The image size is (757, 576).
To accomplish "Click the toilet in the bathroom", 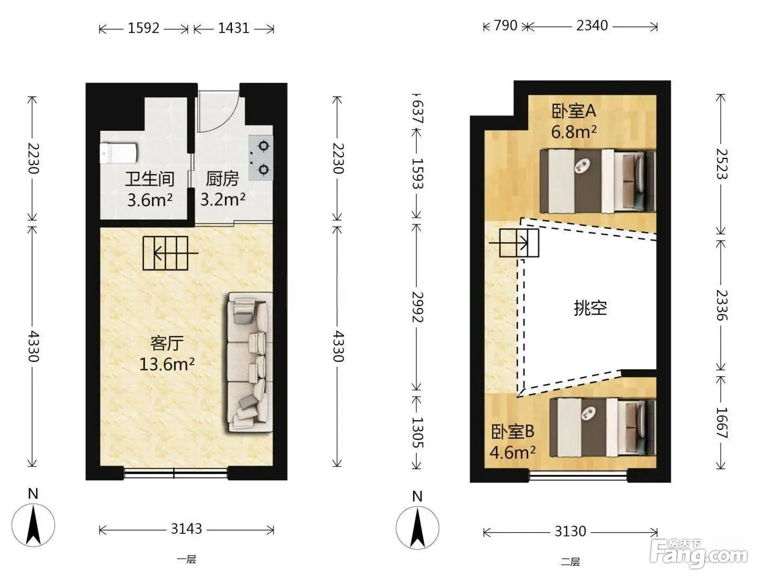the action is (118, 153).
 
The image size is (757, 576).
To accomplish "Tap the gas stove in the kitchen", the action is (261, 157).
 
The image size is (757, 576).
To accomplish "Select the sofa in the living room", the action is (250, 362).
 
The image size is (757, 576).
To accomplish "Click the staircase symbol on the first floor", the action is (165, 253).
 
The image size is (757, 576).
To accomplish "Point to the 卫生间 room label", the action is (149, 179).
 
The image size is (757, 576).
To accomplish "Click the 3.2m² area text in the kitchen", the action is (223, 199).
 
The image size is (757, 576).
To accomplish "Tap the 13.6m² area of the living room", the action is (167, 363).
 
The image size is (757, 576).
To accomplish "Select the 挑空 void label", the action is (590, 308).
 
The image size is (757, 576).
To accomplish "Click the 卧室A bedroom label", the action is (574, 111).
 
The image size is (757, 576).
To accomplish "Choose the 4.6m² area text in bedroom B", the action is (513, 452).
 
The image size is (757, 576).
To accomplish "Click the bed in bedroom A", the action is (597, 181).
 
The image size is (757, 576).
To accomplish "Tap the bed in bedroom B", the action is (602, 428).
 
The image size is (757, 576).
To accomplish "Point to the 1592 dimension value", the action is (143, 28).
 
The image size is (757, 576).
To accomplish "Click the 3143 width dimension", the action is (186, 529).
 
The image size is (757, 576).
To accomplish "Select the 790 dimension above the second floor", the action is (506, 25).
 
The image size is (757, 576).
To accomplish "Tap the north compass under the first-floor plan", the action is (33, 521).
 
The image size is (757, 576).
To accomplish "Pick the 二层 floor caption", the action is (570, 562).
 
